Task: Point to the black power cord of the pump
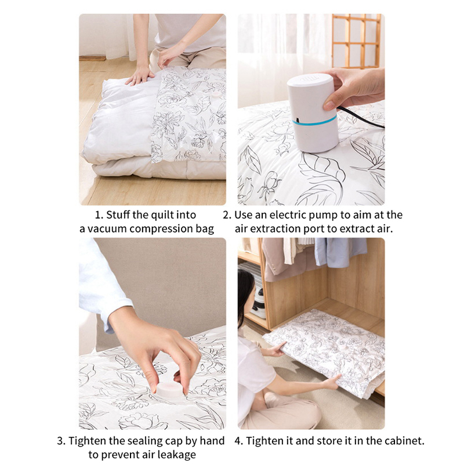click(x=361, y=117)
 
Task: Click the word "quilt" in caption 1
click(x=162, y=215)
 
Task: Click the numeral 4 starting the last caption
click(x=238, y=441)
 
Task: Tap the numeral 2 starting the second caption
click(x=226, y=215)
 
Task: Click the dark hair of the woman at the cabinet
click(x=245, y=293)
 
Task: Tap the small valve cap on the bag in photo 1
click(x=216, y=95)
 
